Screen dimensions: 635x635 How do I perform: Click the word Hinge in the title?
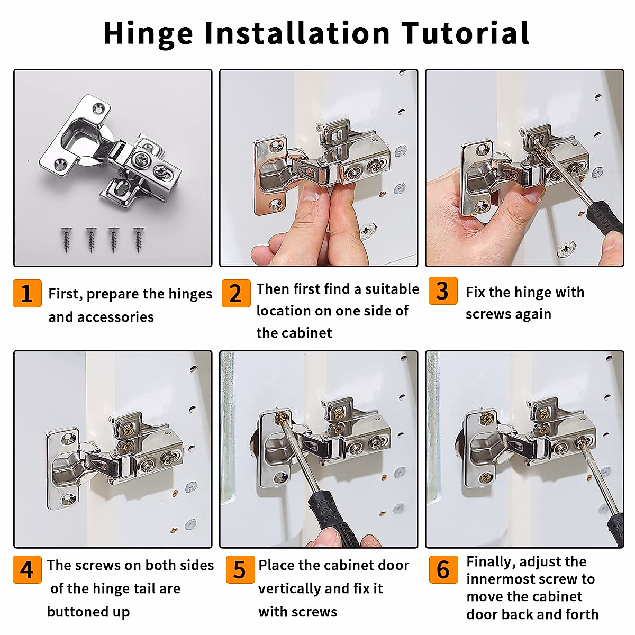(x=148, y=34)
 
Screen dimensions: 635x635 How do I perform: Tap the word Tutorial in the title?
(x=466, y=33)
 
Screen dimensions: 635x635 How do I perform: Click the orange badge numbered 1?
(x=28, y=293)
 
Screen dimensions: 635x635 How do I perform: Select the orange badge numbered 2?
(x=236, y=293)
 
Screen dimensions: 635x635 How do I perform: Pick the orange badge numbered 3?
(x=443, y=291)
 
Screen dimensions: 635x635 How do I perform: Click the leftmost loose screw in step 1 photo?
(x=66, y=240)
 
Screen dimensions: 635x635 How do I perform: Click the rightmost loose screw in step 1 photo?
(x=139, y=240)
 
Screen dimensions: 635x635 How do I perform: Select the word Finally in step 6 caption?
(x=491, y=562)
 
